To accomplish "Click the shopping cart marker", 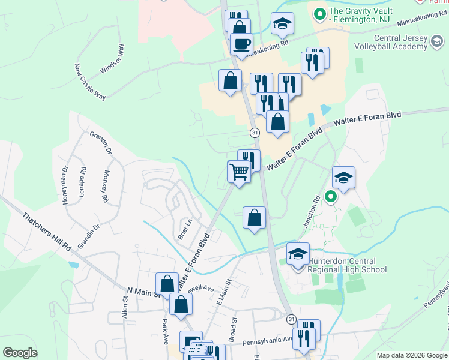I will point(239,172).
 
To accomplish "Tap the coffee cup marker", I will point(241,44).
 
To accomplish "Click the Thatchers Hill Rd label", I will point(47,231).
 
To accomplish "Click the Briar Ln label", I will point(184,228).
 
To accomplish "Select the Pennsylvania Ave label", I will point(268,343).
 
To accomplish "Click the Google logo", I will point(20,353).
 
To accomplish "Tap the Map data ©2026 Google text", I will point(411,355).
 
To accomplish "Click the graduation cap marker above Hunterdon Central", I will point(298,253).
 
